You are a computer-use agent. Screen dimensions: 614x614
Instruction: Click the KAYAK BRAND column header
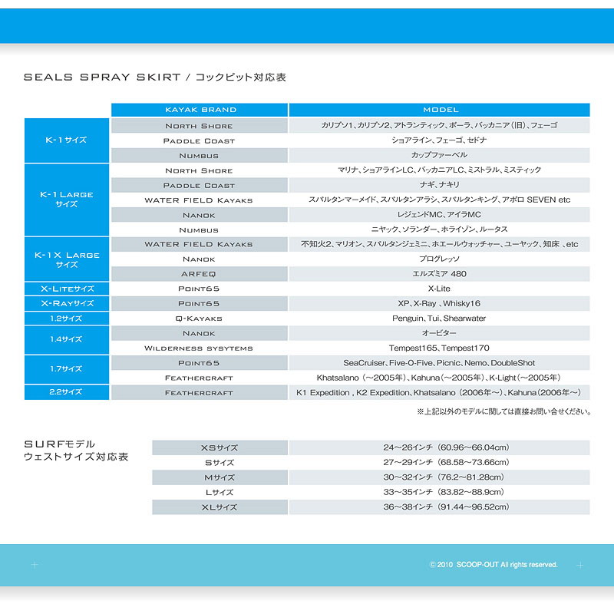200,110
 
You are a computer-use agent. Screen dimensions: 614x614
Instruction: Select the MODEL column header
440,110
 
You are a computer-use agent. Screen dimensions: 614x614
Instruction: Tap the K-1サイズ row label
67,140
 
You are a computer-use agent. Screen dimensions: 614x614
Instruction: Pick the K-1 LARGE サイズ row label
67,200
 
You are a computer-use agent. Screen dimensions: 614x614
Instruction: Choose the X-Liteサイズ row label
67,289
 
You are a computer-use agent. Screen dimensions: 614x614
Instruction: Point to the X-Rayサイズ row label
67,303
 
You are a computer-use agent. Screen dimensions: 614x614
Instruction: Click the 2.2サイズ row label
67,392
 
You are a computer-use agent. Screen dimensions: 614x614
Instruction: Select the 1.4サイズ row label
67,340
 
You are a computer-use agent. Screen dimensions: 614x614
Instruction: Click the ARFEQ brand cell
200,273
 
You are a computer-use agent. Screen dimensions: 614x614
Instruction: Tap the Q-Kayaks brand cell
200,318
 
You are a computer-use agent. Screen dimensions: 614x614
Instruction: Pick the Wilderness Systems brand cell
200,348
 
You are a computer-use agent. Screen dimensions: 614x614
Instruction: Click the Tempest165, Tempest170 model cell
440,348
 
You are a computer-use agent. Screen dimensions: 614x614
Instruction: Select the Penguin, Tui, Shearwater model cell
440,318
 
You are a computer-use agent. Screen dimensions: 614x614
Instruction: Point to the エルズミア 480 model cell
440,273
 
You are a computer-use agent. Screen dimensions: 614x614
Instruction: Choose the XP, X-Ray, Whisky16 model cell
440,303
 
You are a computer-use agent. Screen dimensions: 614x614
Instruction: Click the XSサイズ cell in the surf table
219,447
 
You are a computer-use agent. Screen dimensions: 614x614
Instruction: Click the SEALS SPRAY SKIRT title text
102,78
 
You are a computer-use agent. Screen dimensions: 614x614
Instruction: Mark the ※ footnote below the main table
503,411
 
